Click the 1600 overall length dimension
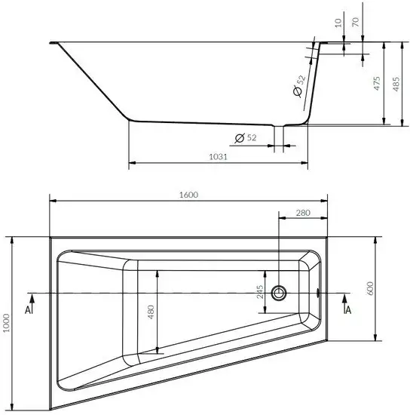click(188, 194)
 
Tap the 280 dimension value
click(303, 214)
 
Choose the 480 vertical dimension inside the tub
click(150, 313)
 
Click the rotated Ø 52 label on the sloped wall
click(298, 85)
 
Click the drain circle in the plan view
click(281, 292)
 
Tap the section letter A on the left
click(28, 309)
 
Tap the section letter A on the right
click(347, 309)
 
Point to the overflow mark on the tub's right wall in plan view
click(320, 292)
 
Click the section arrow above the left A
click(28, 297)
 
